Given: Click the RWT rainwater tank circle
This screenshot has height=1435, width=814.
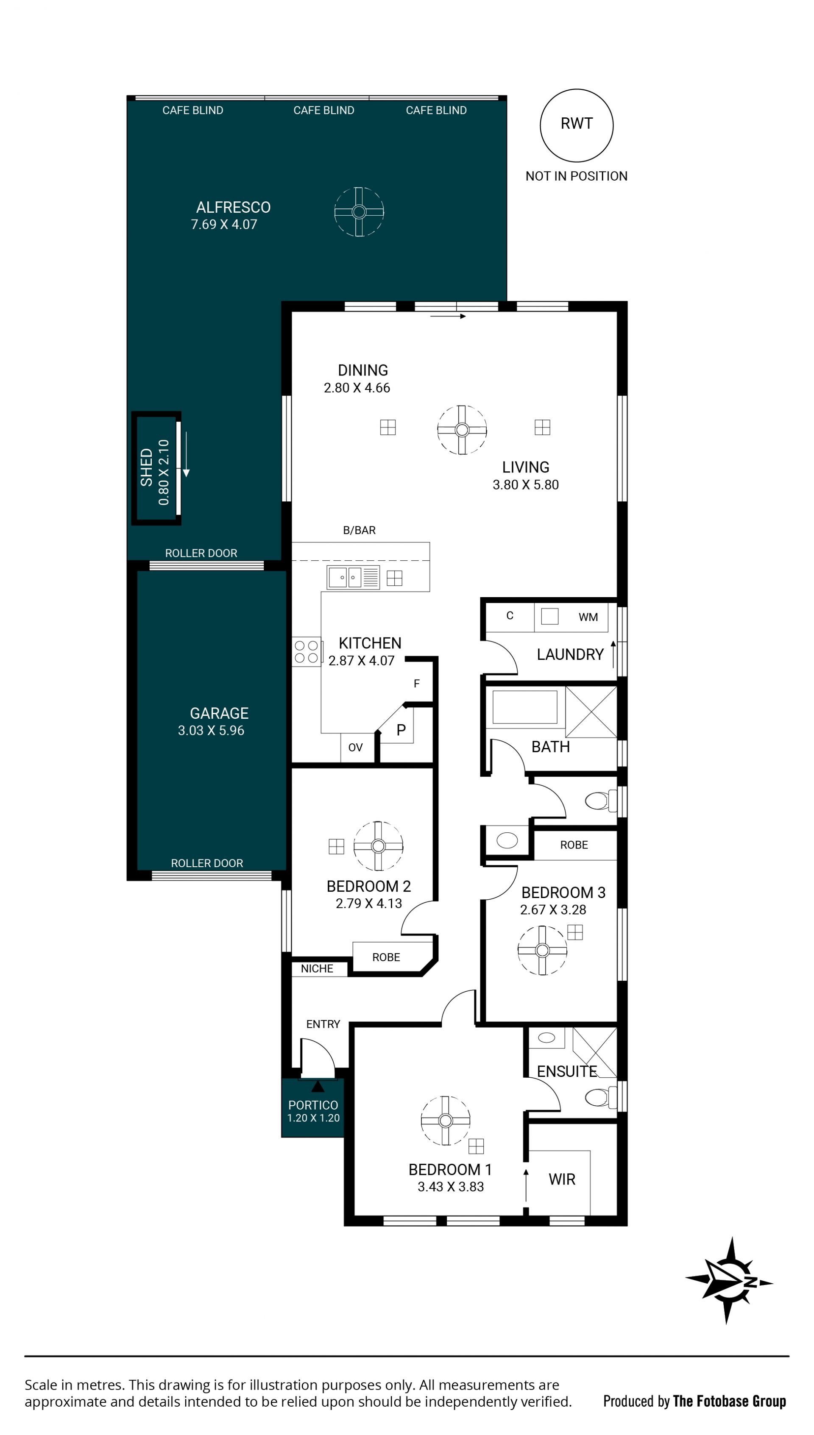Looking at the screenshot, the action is (x=577, y=89).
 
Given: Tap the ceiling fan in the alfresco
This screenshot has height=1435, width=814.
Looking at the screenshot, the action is (x=359, y=212).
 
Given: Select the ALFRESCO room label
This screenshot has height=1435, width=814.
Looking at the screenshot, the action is (x=233, y=207).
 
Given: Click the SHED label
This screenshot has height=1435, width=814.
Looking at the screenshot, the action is (x=146, y=467).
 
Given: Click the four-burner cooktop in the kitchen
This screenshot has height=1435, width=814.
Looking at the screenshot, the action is (x=307, y=651).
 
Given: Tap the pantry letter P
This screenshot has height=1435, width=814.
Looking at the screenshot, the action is (x=401, y=730).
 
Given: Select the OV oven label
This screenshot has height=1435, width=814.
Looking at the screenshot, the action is (x=356, y=748).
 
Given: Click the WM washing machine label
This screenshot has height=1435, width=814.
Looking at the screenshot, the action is (x=588, y=617).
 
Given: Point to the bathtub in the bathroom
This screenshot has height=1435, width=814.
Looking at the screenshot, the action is (x=525, y=707).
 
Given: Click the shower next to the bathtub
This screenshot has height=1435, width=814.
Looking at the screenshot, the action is (x=591, y=711).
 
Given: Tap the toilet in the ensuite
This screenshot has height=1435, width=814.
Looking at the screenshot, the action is (x=600, y=1098).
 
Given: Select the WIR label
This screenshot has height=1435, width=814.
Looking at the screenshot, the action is (x=562, y=1179).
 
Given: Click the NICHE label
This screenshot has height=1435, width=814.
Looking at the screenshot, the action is (x=317, y=968).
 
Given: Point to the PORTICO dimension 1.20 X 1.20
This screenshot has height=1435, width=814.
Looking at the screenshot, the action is (x=314, y=1118).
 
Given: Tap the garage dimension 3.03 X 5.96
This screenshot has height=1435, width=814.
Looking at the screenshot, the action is (x=211, y=730).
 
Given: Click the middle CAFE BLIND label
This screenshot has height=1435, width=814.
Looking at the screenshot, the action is (x=324, y=110).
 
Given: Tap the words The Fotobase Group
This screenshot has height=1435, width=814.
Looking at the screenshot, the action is (x=730, y=1401).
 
